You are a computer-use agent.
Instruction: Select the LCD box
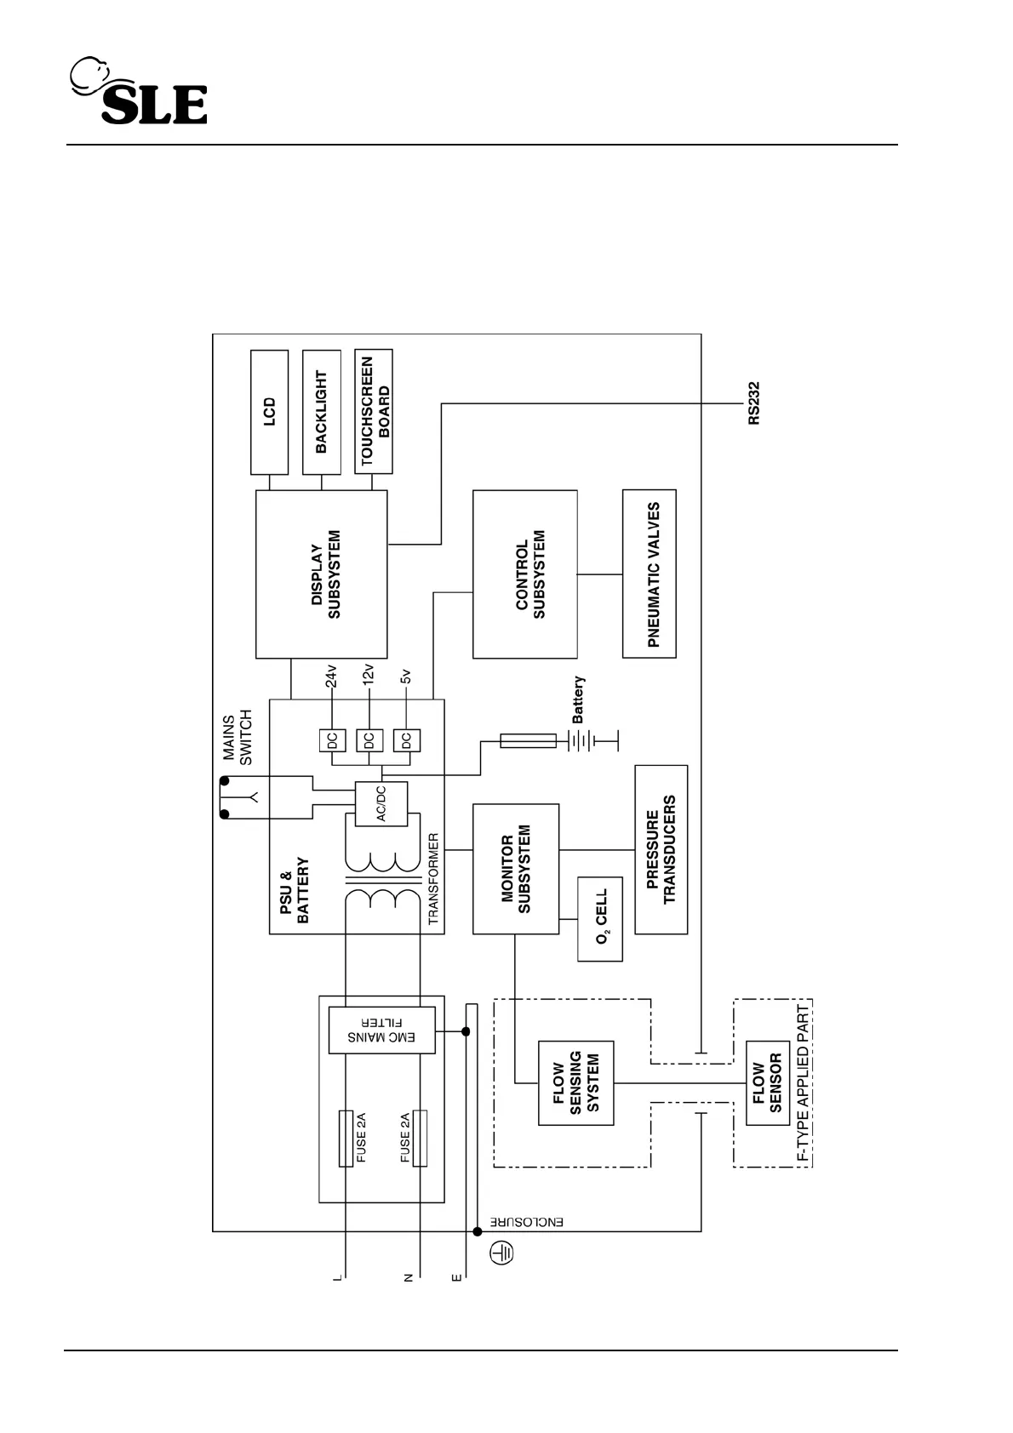pyautogui.click(x=269, y=412)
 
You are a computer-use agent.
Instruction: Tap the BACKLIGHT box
pyautogui.click(x=322, y=412)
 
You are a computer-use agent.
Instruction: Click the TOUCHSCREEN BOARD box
pyautogui.click(x=374, y=412)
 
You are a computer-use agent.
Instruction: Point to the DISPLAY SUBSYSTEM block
pyautogui.click(x=322, y=574)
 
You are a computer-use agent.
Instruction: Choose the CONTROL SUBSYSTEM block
pyautogui.click(x=525, y=574)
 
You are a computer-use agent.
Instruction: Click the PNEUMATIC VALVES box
pyautogui.click(x=650, y=574)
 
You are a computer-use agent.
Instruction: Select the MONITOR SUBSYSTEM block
pyautogui.click(x=516, y=869)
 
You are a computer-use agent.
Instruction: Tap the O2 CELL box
pyautogui.click(x=600, y=920)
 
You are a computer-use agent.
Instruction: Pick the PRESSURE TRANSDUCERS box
pyautogui.click(x=661, y=850)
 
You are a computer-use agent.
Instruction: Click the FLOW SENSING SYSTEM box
pyautogui.click(x=576, y=1083)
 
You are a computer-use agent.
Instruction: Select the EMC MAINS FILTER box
pyautogui.click(x=381, y=1031)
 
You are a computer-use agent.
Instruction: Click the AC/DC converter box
pyautogui.click(x=381, y=802)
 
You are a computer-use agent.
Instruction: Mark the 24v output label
pyautogui.click(x=332, y=676)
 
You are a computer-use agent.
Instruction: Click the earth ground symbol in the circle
pyautogui.click(x=502, y=1253)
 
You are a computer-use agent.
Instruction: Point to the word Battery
pyautogui.click(x=579, y=700)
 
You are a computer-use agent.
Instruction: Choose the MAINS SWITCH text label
pyautogui.click(x=237, y=736)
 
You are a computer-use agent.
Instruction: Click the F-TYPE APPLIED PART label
pyautogui.click(x=803, y=1083)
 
